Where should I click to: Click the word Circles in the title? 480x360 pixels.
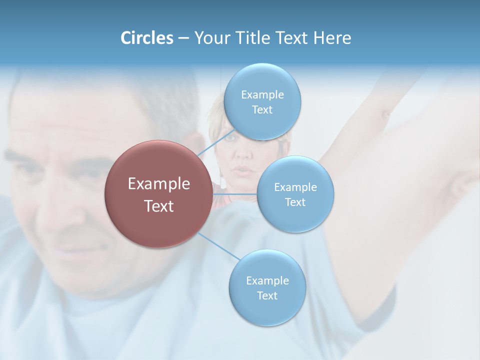tap(146, 38)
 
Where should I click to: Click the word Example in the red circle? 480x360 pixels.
tap(158, 184)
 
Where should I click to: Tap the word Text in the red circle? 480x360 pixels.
tap(158, 206)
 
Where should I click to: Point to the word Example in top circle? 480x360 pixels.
tap(262, 95)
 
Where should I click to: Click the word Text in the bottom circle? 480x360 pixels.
tap(267, 295)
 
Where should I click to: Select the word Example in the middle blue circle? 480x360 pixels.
tap(295, 187)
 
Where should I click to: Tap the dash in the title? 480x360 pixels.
tap(183, 38)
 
